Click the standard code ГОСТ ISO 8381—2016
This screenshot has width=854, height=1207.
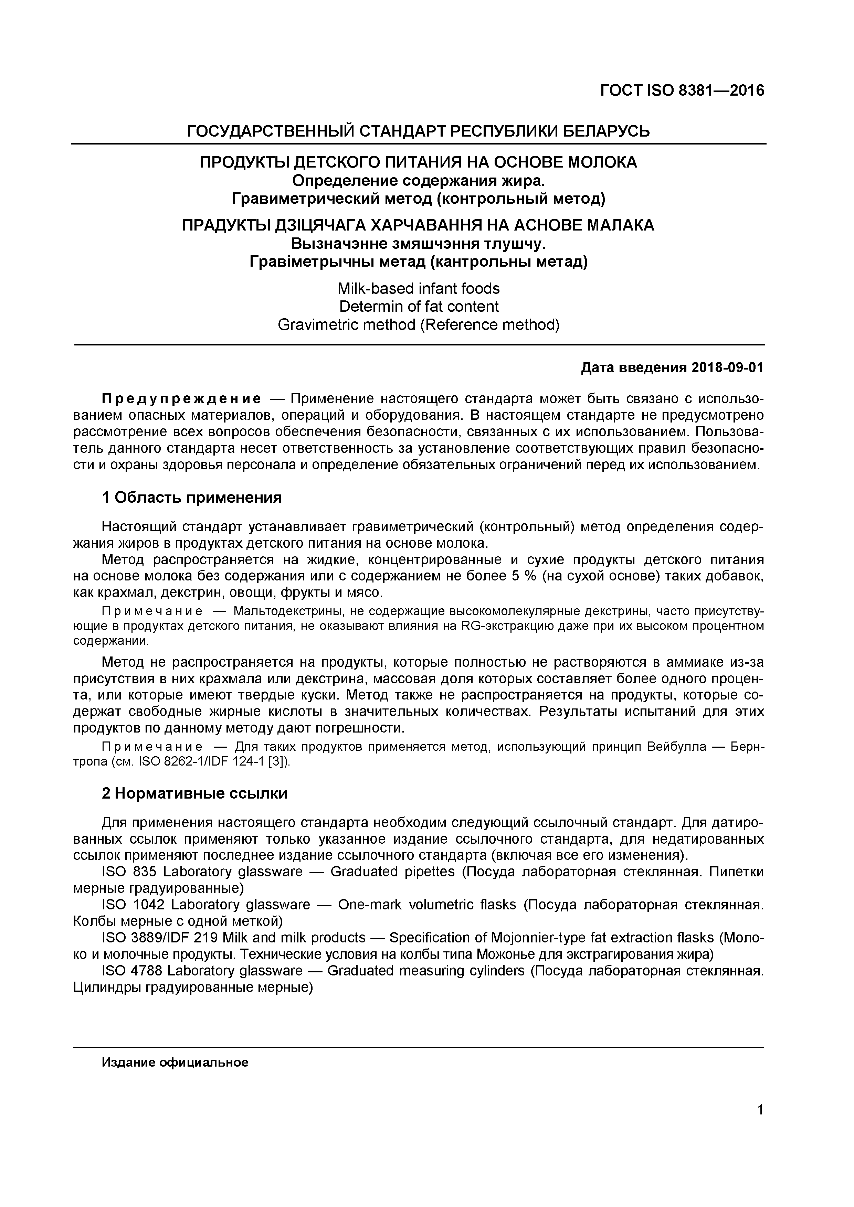point(682,91)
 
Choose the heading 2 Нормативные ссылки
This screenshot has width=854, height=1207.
point(194,793)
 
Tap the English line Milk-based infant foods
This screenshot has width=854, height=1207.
point(418,289)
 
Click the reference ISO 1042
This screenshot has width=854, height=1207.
point(133,905)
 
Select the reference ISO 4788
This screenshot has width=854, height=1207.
point(134,970)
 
